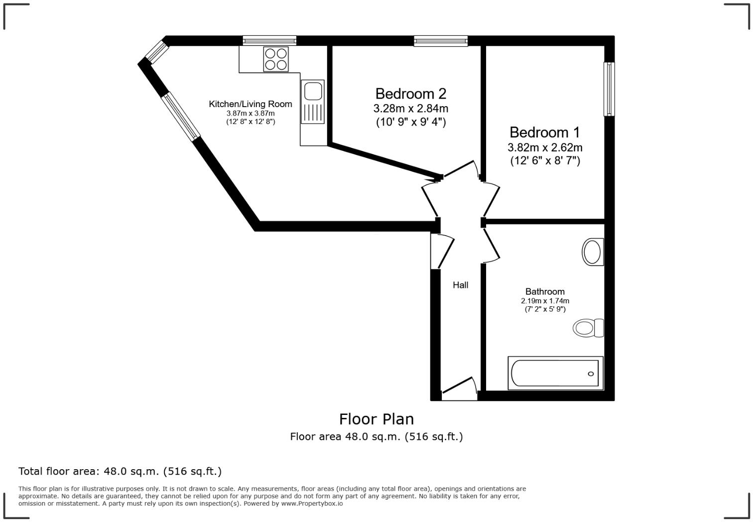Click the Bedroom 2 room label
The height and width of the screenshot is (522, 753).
[410, 94]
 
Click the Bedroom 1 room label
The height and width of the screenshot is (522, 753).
[544, 132]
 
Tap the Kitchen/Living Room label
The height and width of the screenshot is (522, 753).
[250, 104]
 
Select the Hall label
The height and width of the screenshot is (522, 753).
[460, 285]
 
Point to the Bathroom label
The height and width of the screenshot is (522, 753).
[545, 292]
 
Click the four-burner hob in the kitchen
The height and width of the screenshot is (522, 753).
[275, 59]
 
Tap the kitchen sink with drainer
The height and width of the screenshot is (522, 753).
[312, 102]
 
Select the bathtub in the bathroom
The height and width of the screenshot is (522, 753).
[555, 373]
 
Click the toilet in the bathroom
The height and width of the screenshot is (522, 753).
[588, 328]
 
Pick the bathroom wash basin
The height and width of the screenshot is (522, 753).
[593, 252]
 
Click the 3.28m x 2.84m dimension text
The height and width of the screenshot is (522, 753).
[410, 108]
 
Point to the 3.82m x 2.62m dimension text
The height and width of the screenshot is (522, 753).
[544, 147]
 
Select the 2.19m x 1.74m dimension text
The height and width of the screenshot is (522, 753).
[545, 301]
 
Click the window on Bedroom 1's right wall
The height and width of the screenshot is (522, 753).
[609, 89]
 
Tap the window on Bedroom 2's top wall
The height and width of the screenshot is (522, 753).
[441, 41]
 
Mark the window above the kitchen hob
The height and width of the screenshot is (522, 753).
[269, 41]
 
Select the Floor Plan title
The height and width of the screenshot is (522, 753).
[376, 419]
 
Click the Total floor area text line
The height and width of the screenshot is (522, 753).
[120, 471]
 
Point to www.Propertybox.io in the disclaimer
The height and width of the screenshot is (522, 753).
[312, 504]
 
